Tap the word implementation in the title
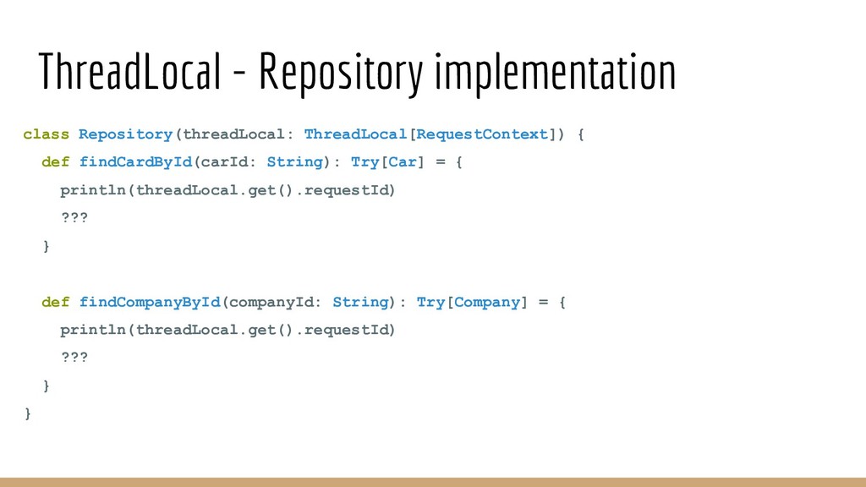pos(555,74)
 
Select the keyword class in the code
pos(46,134)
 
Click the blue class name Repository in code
pos(125,134)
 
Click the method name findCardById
pos(135,161)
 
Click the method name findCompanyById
pos(150,302)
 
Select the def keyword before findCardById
pos(55,161)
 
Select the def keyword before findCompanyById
pos(55,302)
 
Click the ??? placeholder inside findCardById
pos(74,217)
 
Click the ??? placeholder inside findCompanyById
pos(74,358)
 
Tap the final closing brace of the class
pos(28,413)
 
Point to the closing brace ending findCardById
pos(46,246)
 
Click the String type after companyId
pos(360,302)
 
